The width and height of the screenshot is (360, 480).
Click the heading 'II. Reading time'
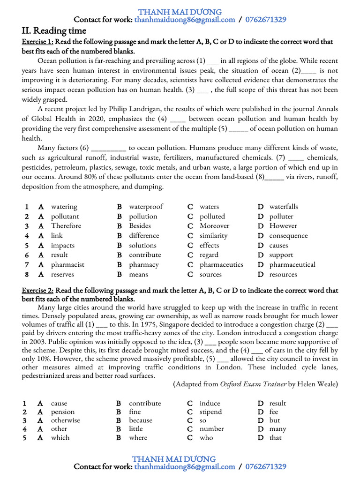(x=54, y=31)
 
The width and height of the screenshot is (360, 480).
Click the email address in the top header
(x=185, y=20)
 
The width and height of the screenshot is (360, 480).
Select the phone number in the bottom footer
(x=265, y=467)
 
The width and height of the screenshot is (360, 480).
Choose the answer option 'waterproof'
(x=146, y=207)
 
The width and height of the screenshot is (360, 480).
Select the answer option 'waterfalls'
(x=284, y=207)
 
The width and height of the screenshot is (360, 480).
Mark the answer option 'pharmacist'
(x=67, y=265)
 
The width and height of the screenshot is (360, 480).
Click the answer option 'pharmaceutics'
(x=221, y=265)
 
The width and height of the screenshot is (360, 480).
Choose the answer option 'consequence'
(x=288, y=236)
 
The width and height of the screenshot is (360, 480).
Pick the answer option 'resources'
(x=283, y=275)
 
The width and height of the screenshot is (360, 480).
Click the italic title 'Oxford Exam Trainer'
(x=253, y=384)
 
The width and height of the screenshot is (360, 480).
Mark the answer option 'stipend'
(x=210, y=412)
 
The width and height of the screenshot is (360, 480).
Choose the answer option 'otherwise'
(x=65, y=420)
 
